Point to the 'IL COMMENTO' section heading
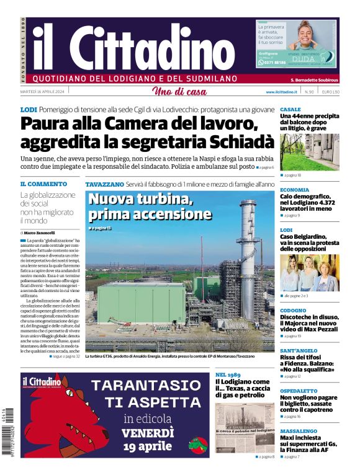pos(43,184)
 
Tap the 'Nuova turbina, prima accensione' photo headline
pos(150,207)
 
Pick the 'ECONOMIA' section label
pos(294,190)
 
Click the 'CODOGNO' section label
pos(293,310)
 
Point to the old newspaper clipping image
pos(244,427)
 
